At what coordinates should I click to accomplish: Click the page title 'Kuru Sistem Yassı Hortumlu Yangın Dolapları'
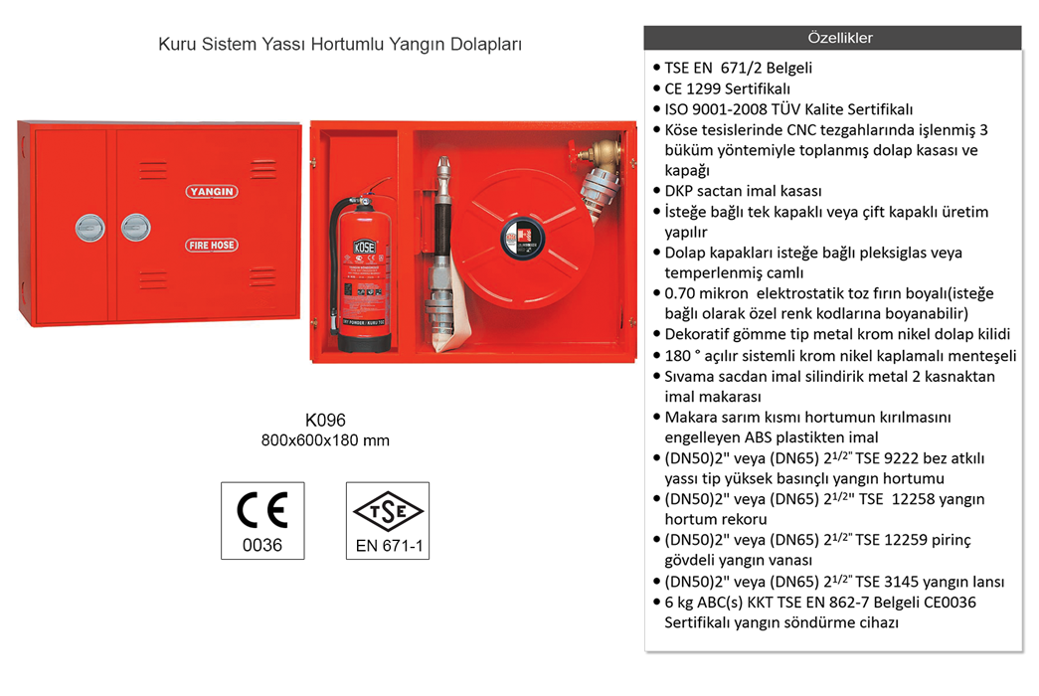(x=340, y=45)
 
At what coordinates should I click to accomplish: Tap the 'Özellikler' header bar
(x=832, y=38)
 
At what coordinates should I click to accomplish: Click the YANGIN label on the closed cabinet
(x=211, y=191)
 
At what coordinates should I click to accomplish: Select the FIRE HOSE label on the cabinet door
(x=211, y=244)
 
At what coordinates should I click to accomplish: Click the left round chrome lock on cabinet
(x=90, y=227)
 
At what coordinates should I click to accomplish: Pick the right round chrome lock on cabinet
(x=135, y=227)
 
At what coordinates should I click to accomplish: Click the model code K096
(x=325, y=421)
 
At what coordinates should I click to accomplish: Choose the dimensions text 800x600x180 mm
(x=325, y=439)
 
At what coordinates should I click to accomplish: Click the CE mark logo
(x=262, y=510)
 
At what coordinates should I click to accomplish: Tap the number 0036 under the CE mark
(x=262, y=545)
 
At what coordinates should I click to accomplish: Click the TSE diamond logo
(x=388, y=511)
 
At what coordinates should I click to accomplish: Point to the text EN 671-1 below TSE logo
(x=388, y=546)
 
